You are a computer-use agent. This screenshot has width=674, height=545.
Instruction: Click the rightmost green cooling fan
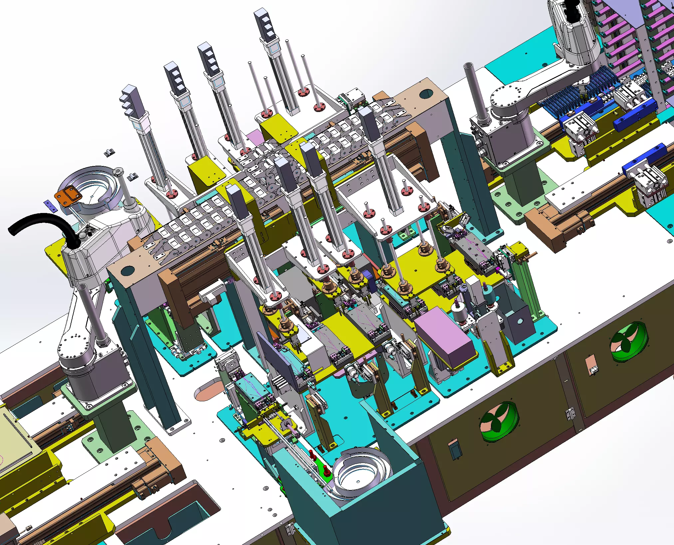point(629,342)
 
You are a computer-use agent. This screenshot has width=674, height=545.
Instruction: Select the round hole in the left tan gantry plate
point(127,271)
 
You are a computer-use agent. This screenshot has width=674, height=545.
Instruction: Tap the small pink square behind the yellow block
point(254,137)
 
